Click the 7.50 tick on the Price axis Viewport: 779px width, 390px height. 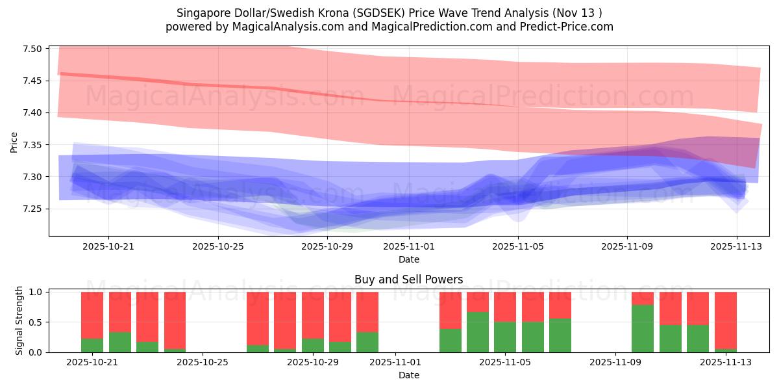tap(32, 49)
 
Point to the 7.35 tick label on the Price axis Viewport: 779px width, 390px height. tap(32, 145)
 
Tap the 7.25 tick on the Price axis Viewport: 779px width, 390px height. tap(32, 209)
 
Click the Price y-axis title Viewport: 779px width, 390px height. tap(14, 142)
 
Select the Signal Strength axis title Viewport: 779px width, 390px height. tap(19, 320)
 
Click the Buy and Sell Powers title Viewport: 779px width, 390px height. tap(408, 279)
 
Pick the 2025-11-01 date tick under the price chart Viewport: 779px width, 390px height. tap(408, 246)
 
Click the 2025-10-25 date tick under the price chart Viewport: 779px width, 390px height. tap(217, 246)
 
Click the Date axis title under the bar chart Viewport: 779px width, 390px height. tap(408, 375)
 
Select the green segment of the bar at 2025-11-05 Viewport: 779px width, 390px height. tap(505, 337)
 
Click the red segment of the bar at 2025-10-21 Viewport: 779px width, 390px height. tap(92, 315)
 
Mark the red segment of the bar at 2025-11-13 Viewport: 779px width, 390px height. tap(726, 320)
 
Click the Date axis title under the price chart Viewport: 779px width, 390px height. tap(408, 259)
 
